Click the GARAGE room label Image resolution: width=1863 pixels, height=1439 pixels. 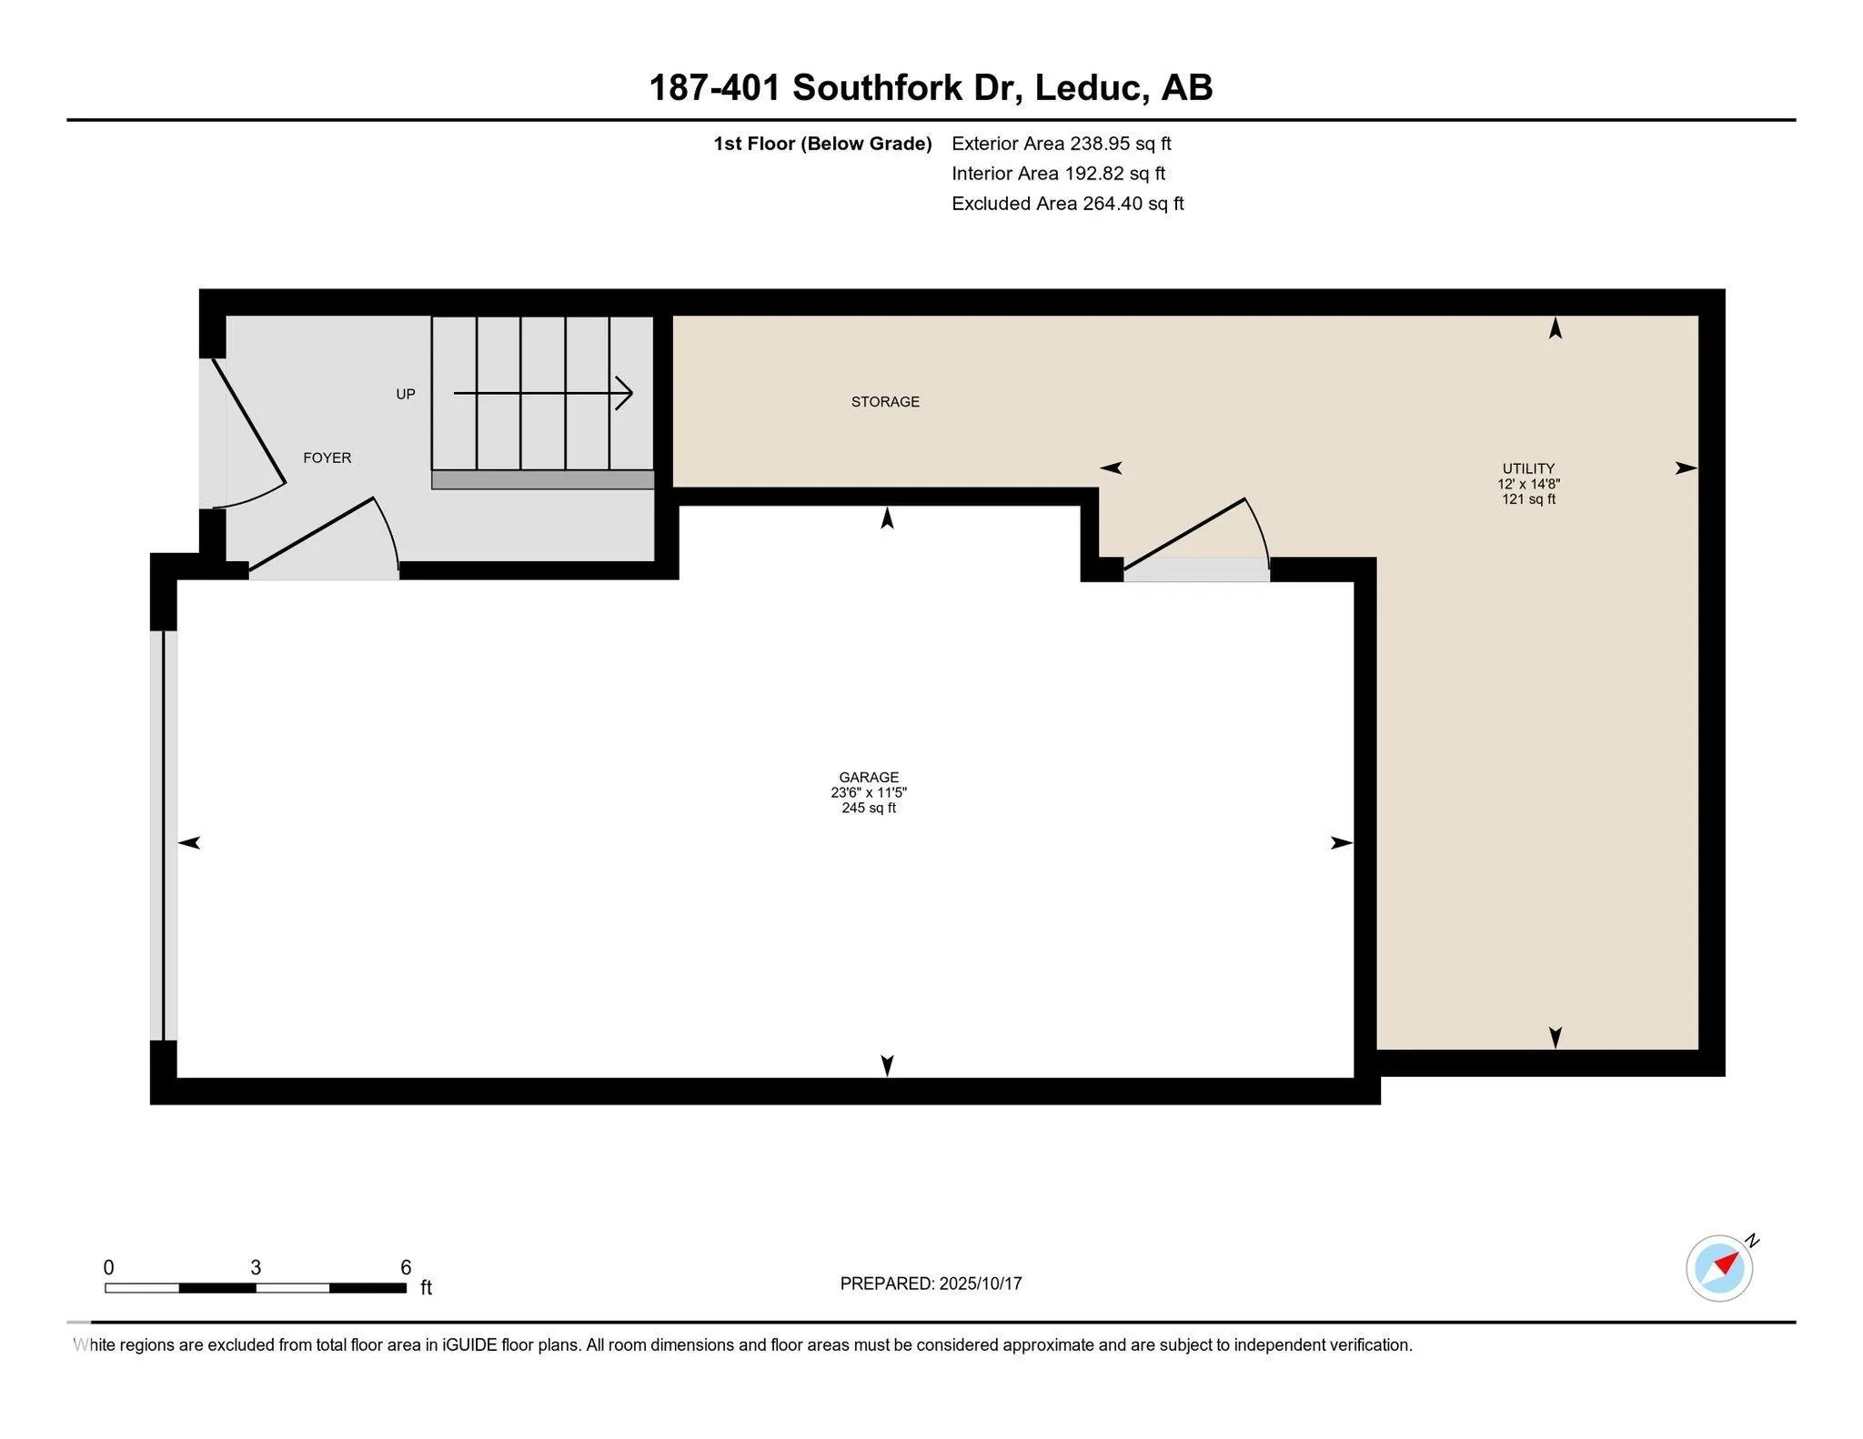coord(869,777)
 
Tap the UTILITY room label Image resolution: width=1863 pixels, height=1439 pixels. coord(1528,468)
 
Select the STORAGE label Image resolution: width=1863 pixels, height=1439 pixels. coord(885,401)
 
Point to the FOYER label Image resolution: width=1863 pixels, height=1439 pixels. coord(327,458)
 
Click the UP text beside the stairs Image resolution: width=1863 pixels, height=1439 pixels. coord(406,394)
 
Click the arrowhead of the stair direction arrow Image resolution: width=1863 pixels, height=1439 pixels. coord(625,393)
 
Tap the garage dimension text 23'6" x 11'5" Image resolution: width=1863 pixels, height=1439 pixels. coord(869,792)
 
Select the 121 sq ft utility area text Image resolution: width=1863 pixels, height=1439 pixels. coord(1528,499)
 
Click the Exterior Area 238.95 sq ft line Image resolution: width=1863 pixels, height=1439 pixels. coord(1061,143)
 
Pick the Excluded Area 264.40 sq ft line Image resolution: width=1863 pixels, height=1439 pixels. coord(1067,203)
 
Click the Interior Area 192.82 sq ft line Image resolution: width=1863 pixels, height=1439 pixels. coord(1058,173)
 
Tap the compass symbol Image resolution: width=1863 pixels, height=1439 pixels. coord(1718,1268)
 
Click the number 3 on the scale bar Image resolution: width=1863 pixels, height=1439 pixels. coord(256,1267)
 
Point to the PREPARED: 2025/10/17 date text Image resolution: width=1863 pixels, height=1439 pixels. coord(931,1283)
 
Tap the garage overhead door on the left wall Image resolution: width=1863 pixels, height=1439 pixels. coord(164,835)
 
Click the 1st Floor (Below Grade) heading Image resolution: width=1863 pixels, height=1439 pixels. coord(822,143)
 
